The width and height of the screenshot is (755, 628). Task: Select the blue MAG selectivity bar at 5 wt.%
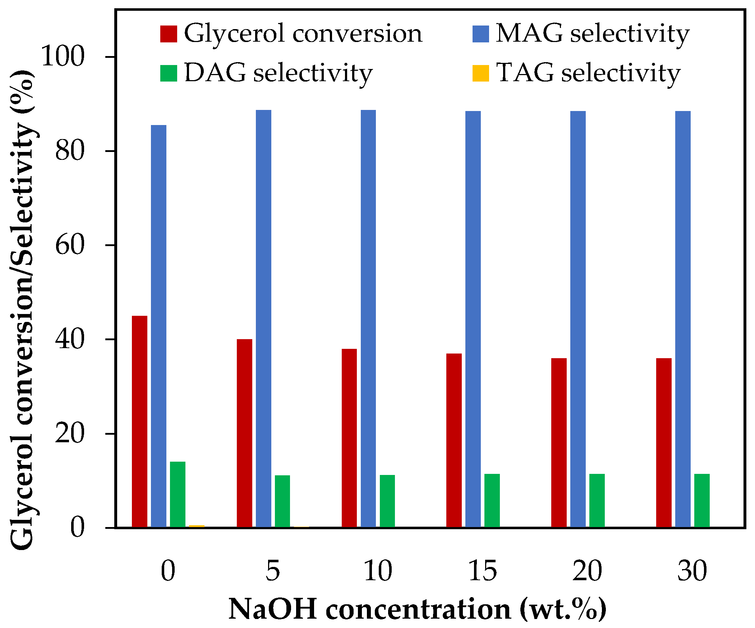click(x=263, y=319)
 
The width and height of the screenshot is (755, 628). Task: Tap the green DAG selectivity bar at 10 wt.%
click(x=387, y=501)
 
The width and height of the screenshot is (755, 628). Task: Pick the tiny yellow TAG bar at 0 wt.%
click(x=197, y=526)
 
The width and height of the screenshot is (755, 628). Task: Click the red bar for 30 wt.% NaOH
click(x=664, y=443)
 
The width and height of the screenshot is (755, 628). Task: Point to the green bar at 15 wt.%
click(x=492, y=500)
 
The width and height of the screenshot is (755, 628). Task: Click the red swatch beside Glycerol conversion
click(x=169, y=34)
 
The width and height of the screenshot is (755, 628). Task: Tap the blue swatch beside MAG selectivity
click(x=481, y=34)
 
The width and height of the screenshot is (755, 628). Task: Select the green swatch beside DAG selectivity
click(x=169, y=73)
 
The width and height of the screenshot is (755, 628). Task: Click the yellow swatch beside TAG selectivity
click(x=481, y=73)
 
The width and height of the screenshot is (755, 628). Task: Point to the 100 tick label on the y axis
click(x=63, y=56)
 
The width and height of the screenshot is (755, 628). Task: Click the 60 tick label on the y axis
click(x=70, y=245)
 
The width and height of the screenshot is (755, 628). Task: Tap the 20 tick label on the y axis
click(x=70, y=434)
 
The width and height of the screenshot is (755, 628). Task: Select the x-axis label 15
click(x=483, y=571)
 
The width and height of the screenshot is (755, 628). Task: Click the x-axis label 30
click(x=692, y=571)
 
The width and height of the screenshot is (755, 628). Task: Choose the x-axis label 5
click(x=272, y=571)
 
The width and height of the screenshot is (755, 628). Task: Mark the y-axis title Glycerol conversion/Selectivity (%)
click(x=22, y=309)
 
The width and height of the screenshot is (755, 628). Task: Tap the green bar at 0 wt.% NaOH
click(x=178, y=494)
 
